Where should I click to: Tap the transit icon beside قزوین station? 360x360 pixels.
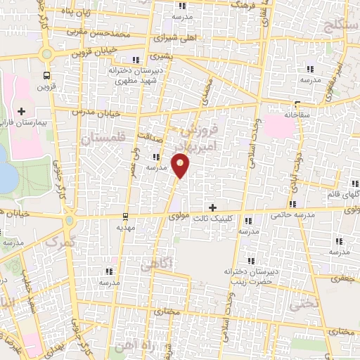[x=47, y=75]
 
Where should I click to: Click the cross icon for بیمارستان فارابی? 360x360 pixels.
[x=21, y=111]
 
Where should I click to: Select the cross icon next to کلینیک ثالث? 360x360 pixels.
[x=213, y=207]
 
